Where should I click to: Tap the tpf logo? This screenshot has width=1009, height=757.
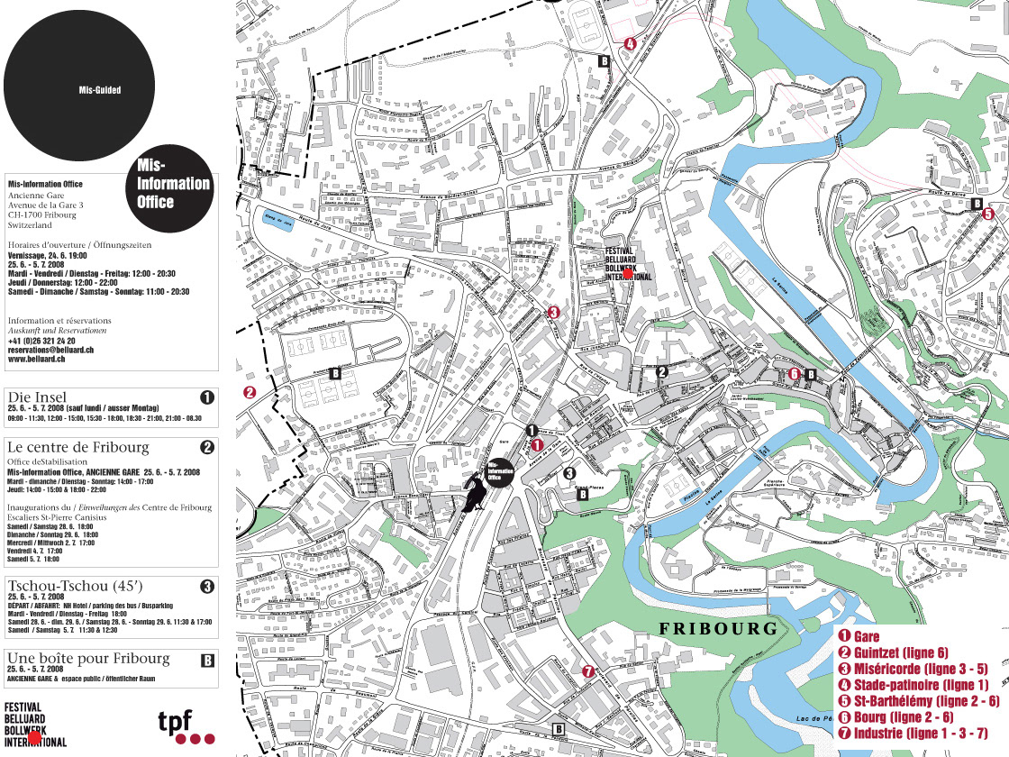186,725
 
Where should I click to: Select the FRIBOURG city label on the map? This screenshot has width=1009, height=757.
717,628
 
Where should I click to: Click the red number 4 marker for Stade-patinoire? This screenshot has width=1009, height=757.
630,42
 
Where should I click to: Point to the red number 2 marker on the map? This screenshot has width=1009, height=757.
250,392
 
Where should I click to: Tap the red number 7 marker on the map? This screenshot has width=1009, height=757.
588,670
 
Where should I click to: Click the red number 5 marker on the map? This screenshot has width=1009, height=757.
987,214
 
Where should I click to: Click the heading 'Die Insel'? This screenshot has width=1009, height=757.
37,397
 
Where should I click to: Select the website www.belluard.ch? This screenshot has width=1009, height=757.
38,359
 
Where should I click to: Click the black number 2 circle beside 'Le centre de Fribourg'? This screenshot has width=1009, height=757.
207,447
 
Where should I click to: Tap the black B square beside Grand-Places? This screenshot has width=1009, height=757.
582,493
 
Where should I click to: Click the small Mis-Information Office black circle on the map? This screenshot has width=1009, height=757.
500,470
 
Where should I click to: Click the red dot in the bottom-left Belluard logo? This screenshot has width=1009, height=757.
34,737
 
